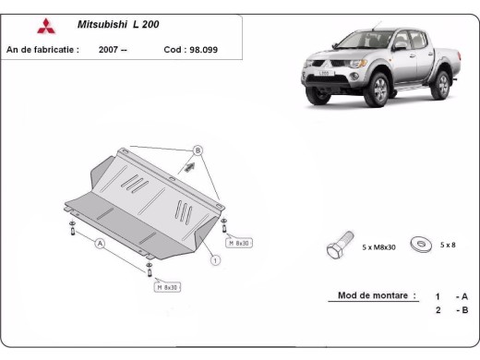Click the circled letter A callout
click(100, 245)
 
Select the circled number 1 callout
click(215, 260)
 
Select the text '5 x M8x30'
click(378, 246)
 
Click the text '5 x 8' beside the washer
click(448, 245)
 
